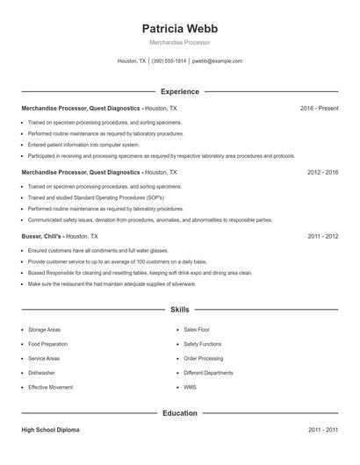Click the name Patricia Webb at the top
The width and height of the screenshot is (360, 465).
coord(179,28)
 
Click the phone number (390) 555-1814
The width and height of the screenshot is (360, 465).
coord(169,61)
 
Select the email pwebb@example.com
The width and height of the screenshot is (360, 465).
coord(217,61)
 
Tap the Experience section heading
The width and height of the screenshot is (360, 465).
coord(179,91)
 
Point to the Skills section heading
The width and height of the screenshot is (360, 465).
coord(179,310)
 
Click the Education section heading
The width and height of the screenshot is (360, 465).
coord(179,412)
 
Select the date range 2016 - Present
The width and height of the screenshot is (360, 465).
coord(319,109)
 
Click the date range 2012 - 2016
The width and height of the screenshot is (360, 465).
coord(322,173)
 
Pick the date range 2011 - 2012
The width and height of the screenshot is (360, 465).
coord(322,237)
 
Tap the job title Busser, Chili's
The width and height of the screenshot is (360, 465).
coord(41,237)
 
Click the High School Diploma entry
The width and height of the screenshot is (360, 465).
coord(50,431)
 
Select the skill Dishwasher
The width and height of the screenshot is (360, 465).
coord(42,373)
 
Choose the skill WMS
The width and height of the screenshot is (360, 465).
coord(190,387)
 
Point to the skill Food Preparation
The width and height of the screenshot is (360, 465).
coord(47,344)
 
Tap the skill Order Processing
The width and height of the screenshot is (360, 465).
coord(203,358)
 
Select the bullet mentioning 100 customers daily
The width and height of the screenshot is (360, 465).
coord(117,261)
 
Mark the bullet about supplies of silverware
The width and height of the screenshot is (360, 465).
coord(112,284)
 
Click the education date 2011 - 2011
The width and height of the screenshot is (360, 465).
coord(322,431)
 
